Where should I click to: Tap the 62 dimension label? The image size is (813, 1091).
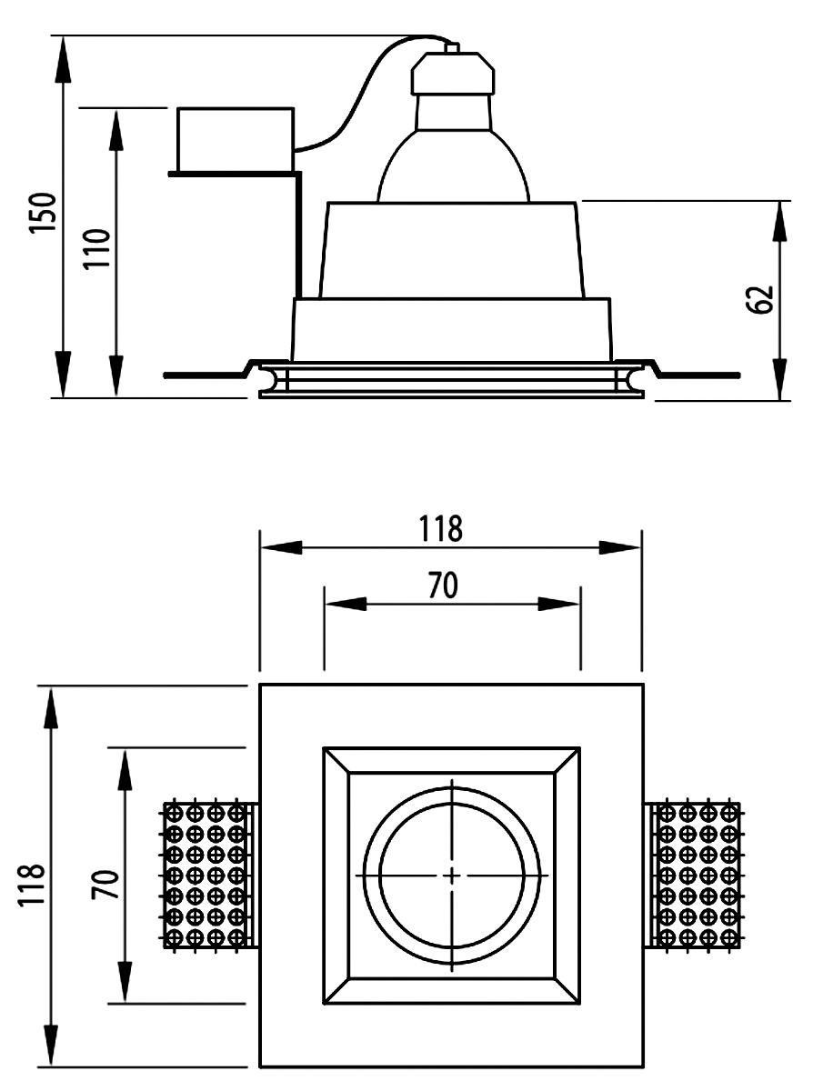tap(762, 297)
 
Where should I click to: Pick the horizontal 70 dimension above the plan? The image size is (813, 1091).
tap(444, 586)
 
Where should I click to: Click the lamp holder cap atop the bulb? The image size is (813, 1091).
tap(453, 73)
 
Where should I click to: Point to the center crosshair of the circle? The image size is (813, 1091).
tap(453, 875)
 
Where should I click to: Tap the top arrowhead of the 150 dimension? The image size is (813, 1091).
tap(63, 60)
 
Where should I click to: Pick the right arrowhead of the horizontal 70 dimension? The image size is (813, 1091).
tap(560, 604)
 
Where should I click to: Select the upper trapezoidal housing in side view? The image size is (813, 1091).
tap(450, 250)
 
